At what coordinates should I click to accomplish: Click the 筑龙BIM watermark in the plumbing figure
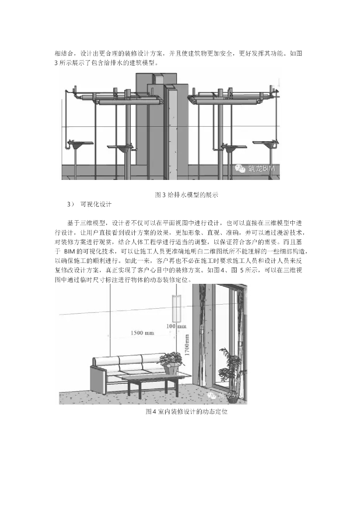pyautogui.click(x=254, y=169)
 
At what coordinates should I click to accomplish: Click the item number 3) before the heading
pyautogui.click(x=70, y=204)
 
